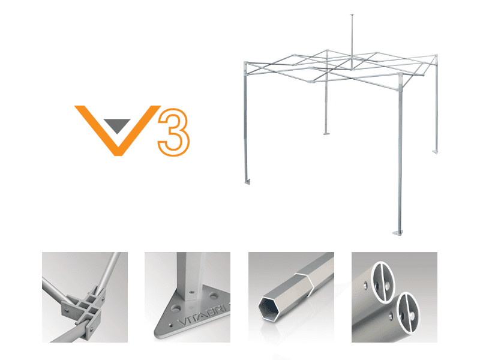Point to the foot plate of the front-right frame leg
[x=398, y=233]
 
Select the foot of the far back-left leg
[x=326, y=133]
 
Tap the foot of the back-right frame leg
[x=435, y=152]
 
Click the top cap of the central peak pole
[x=352, y=14]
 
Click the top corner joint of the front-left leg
[x=245, y=64]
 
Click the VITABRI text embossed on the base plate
[x=203, y=317]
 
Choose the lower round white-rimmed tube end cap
[x=408, y=312]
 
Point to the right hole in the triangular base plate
[x=214, y=296]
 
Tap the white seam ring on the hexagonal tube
[x=305, y=281]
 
